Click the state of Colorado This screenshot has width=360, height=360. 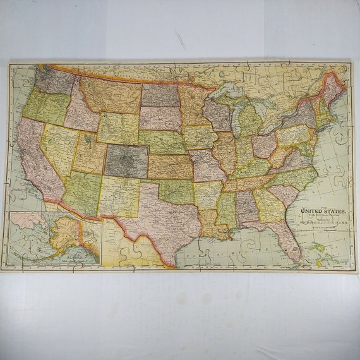(126, 160)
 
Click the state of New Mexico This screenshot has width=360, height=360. (117, 196)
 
